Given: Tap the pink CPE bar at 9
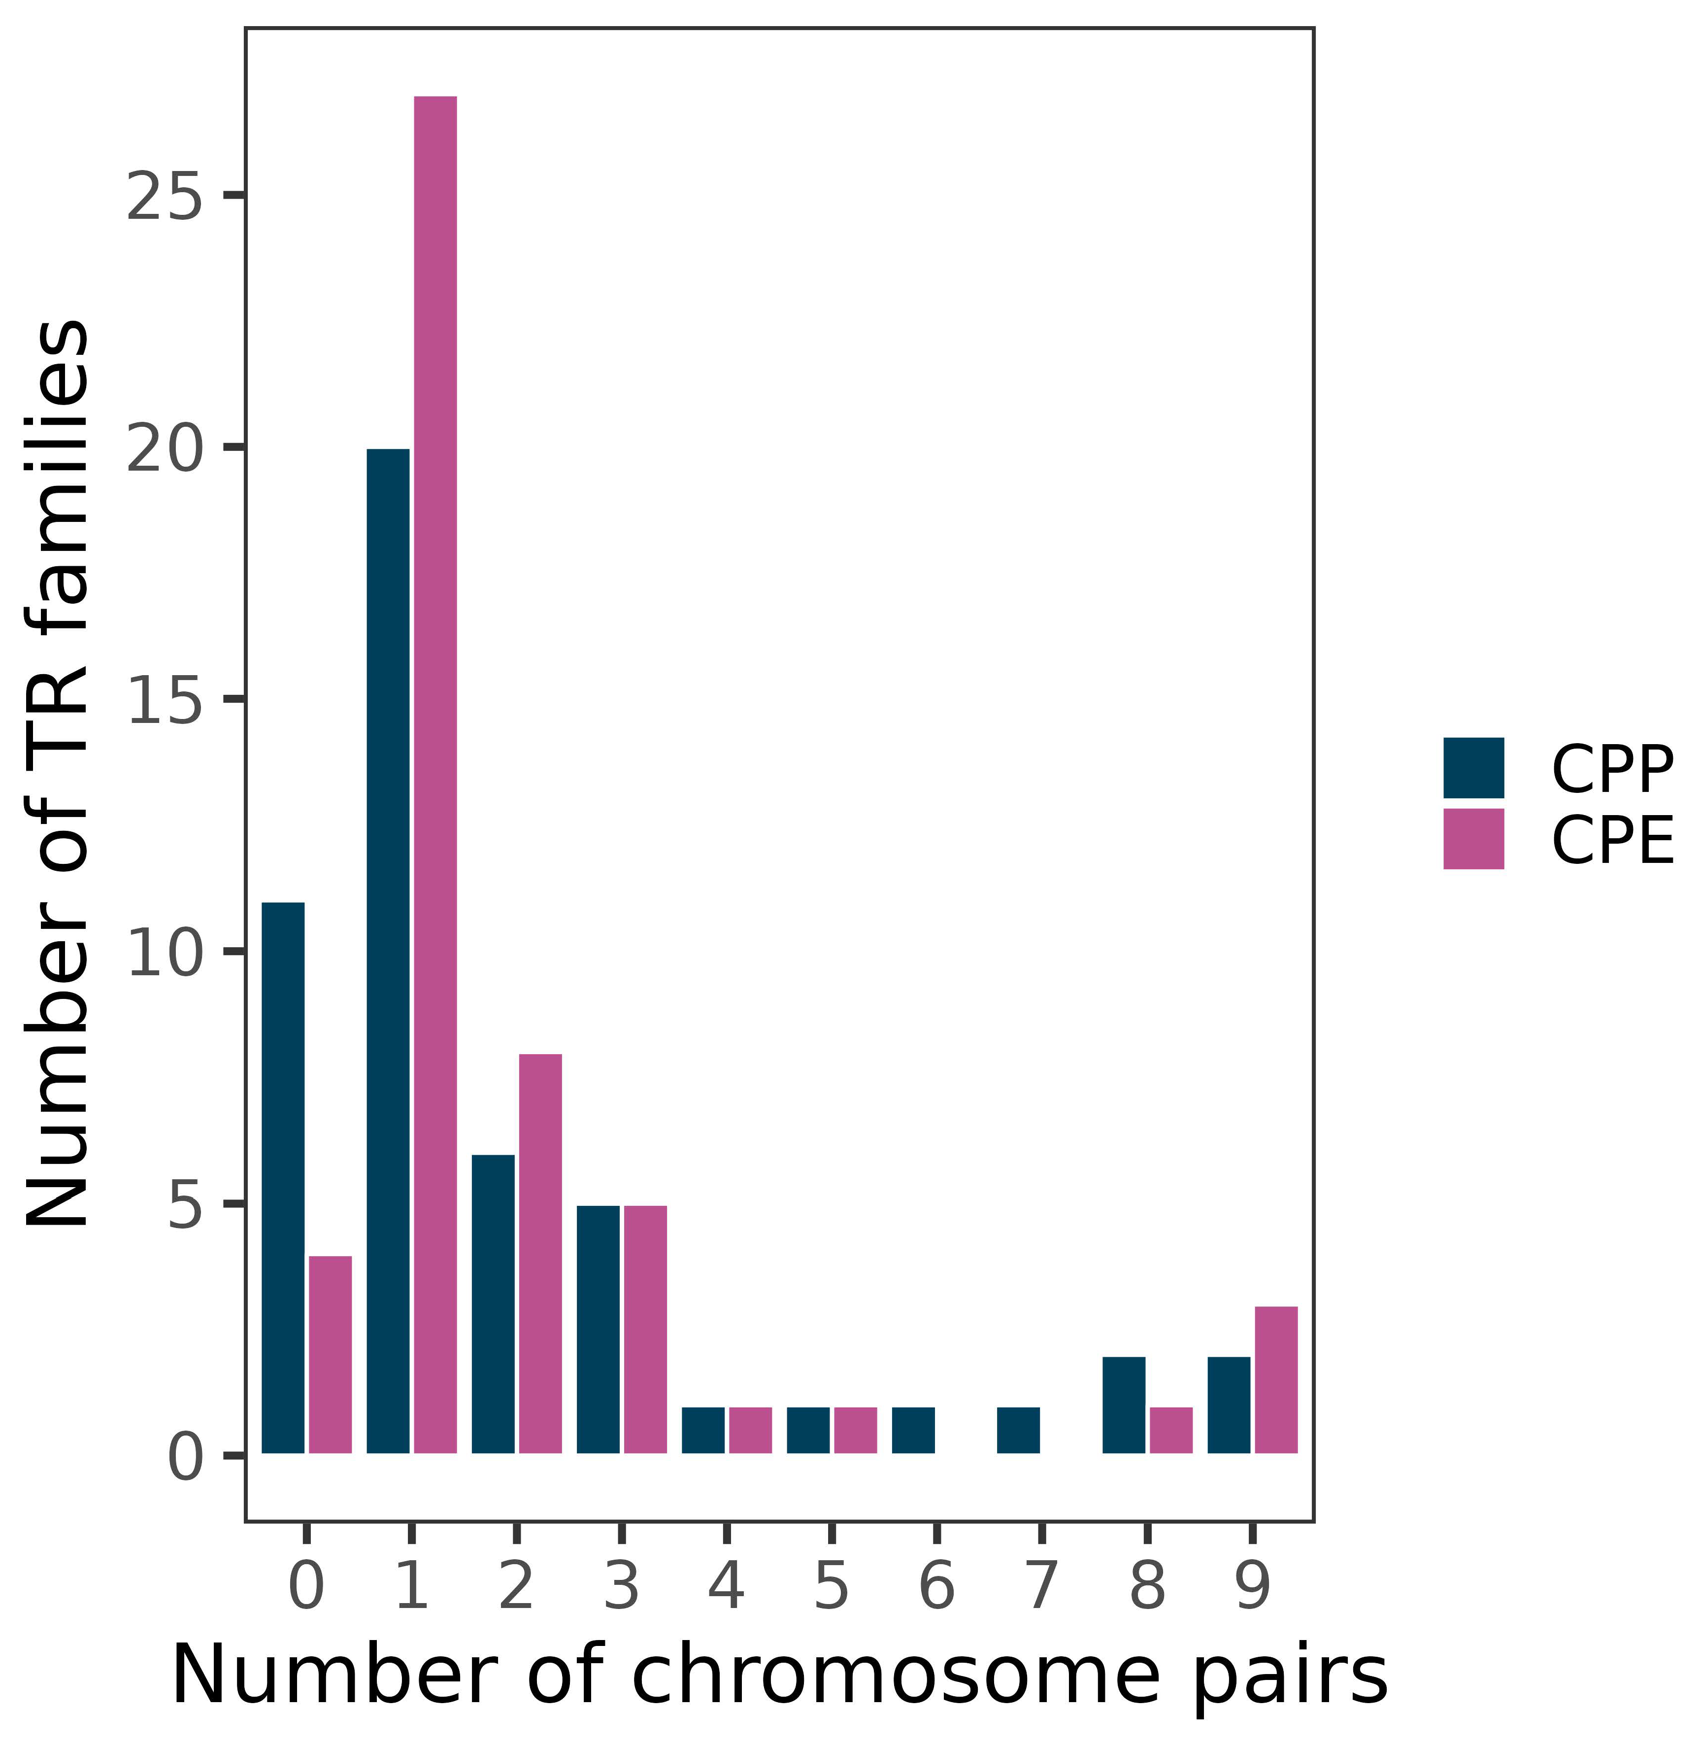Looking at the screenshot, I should point(1276,1380).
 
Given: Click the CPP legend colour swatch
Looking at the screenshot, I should point(1474,768).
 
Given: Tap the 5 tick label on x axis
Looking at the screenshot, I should point(831,1587).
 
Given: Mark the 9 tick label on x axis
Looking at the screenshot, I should point(1253,1587).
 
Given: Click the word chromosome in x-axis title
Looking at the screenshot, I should point(862,1676).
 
